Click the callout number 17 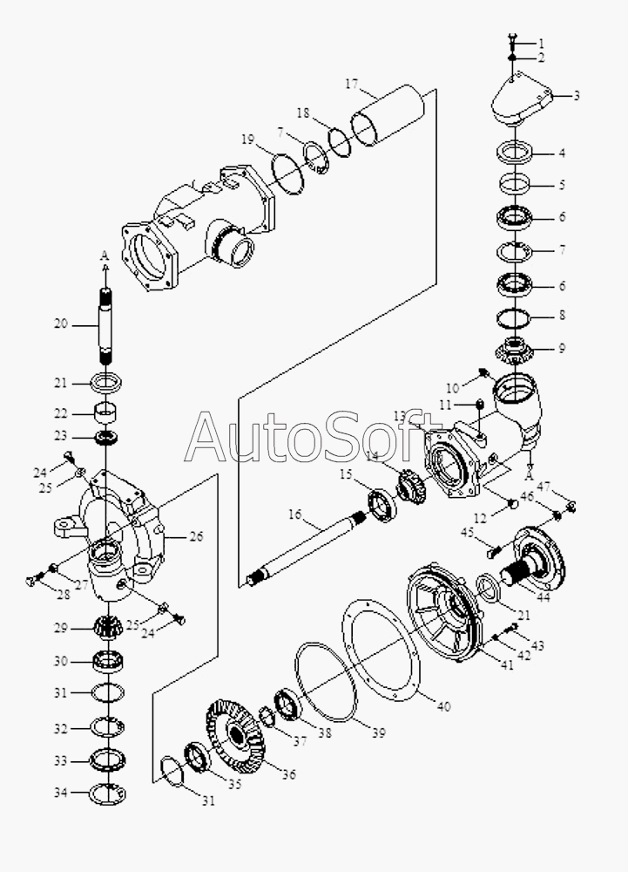352,84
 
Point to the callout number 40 443,706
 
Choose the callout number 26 196,536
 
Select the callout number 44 543,598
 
